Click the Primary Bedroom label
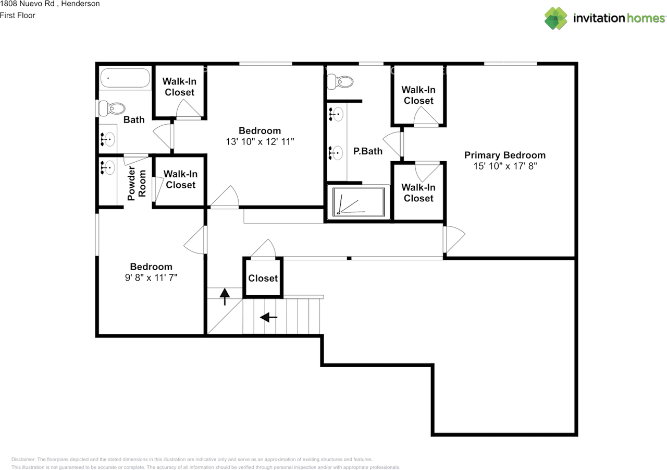tap(505, 155)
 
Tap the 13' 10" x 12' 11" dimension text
tap(260, 141)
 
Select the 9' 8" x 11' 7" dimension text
tap(151, 278)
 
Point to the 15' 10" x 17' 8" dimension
tap(505, 166)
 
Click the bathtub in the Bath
tap(125, 78)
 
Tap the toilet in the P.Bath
tap(340, 82)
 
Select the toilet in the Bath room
tap(112, 108)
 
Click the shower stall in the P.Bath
tap(359, 201)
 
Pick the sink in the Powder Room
tap(107, 168)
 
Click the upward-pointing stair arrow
tap(225, 297)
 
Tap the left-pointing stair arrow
tap(268, 317)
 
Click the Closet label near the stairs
tap(263, 279)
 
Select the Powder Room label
tap(137, 183)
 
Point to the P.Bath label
tap(368, 151)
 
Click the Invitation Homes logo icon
tap(555, 18)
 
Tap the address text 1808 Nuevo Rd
tap(27, 4)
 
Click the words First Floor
tap(18, 16)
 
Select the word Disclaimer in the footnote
tap(23, 459)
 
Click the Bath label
tap(134, 120)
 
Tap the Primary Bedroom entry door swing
tap(454, 239)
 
